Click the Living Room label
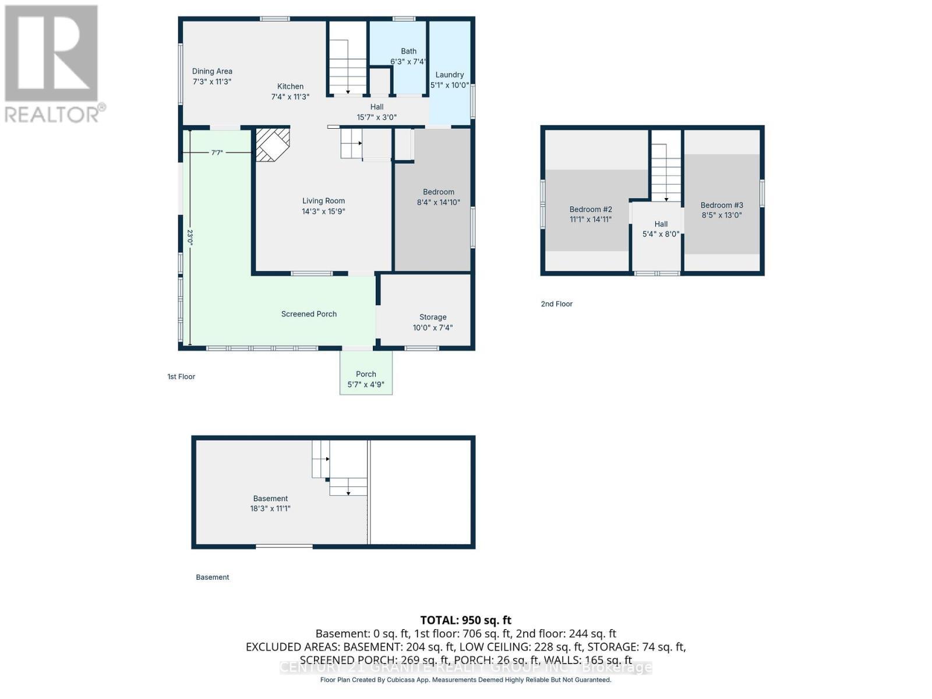[x=323, y=201]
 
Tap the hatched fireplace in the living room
[x=272, y=144]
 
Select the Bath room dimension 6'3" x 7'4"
[x=408, y=61]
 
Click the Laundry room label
[x=449, y=75]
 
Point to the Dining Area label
[x=212, y=71]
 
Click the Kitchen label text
[x=290, y=86]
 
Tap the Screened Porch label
[x=309, y=314]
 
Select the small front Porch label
[x=366, y=374]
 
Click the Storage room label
[x=433, y=317]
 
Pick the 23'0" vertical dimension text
[x=190, y=236]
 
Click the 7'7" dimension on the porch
[x=217, y=153]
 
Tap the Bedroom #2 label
[x=591, y=209]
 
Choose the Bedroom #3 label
[x=722, y=205]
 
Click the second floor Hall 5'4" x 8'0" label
[x=661, y=229]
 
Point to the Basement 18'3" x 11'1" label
[x=270, y=503]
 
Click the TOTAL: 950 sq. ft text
[x=465, y=620]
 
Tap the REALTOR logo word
[x=55, y=114]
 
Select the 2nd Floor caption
[x=556, y=303]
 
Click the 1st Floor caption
[x=181, y=376]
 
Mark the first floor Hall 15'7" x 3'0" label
[x=377, y=112]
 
